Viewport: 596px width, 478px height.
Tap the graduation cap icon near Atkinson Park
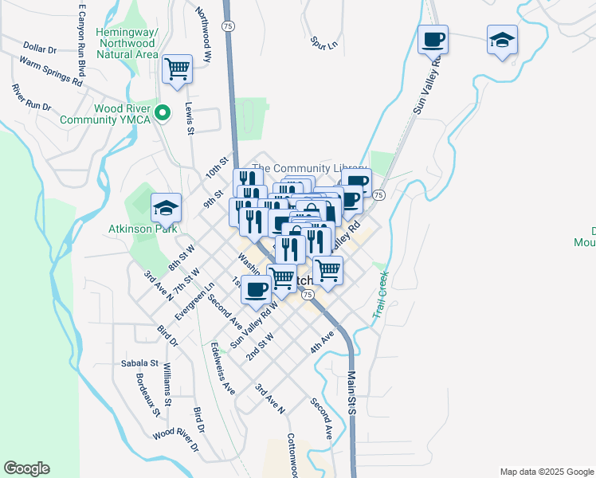tap(166, 207)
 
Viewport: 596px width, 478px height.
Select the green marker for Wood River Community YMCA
tap(163, 113)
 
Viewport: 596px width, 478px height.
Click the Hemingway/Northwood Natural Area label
tap(127, 43)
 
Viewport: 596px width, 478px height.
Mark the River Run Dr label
tap(31, 97)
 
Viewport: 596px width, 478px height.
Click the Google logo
tap(26, 468)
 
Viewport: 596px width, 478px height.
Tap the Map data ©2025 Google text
tap(546, 472)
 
